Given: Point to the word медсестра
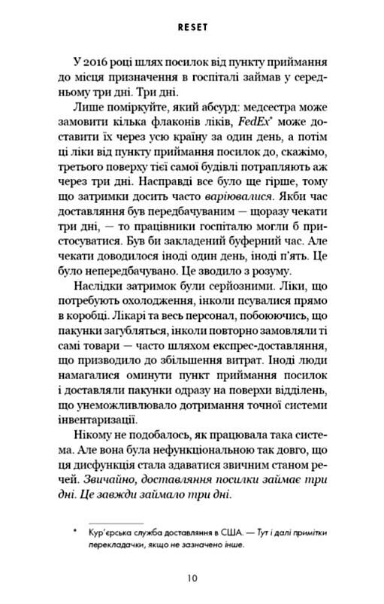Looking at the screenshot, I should [x=263, y=111].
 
